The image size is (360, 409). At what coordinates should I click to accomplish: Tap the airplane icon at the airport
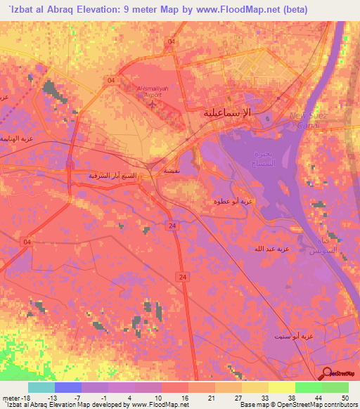(155, 105)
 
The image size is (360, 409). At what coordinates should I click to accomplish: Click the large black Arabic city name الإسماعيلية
(236, 112)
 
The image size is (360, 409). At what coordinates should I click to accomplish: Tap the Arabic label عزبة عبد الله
(272, 249)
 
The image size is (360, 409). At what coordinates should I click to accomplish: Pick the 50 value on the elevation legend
(345, 398)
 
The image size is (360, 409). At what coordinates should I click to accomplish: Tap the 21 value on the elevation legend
(211, 398)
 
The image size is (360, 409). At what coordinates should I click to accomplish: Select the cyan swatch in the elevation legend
(41, 387)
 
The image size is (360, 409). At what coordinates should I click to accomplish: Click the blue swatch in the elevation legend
(67, 387)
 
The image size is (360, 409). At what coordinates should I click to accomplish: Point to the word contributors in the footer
(339, 405)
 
